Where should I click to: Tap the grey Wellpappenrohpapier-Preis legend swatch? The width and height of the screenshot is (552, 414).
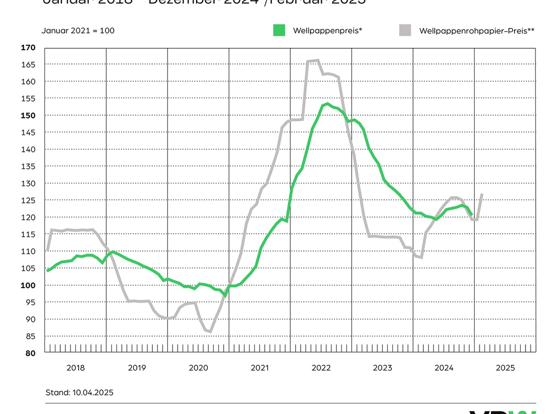[x=405, y=30]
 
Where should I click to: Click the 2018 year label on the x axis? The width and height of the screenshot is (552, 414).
[x=75, y=368]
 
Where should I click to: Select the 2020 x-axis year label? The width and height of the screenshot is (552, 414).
[x=198, y=368]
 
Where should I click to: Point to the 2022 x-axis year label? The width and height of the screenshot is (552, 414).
[x=321, y=368]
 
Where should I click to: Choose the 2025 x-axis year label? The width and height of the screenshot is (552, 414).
[x=505, y=368]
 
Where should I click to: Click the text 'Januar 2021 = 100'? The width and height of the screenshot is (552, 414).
[x=78, y=31]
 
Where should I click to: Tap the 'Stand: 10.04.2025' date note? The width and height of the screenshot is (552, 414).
[x=79, y=392]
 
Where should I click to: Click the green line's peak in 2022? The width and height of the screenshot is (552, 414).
[x=327, y=104]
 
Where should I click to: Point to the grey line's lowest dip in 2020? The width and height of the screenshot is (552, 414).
[x=210, y=331]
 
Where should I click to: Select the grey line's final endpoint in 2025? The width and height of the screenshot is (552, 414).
[x=482, y=194]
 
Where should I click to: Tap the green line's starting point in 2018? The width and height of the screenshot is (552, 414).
[x=47, y=271]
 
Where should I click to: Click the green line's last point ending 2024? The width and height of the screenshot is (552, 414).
[x=471, y=214]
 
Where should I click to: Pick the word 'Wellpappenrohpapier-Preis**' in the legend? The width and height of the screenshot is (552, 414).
[x=477, y=31]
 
